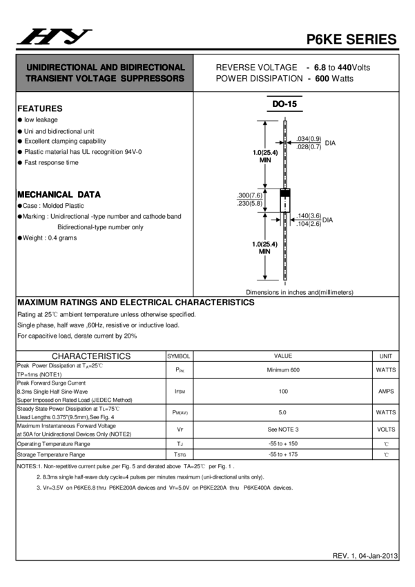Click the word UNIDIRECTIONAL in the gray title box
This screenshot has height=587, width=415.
pos(58,68)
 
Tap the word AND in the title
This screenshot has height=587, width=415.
pos(108,68)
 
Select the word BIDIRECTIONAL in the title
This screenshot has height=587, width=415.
pos(152,68)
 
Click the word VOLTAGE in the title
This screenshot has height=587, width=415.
pos(95,79)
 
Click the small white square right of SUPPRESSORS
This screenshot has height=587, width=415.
pos(196,81)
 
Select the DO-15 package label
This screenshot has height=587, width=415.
pos(284,104)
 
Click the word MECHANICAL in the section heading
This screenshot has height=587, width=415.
pos(46,195)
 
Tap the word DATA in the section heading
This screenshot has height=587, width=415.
pos(89,195)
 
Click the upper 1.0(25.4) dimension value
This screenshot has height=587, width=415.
pos(264,153)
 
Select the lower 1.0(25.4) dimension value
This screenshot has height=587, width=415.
pos(264,244)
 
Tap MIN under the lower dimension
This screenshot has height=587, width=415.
pos(265,252)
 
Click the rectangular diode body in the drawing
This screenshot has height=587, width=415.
pos(284,204)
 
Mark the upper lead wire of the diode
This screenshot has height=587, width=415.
pos(285,155)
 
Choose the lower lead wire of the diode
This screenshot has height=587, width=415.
pos(285,245)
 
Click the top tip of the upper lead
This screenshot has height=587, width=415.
pos(285,123)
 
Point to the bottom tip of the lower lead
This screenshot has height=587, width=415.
pos(285,278)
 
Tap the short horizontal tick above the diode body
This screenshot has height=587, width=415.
pos(284,189)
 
